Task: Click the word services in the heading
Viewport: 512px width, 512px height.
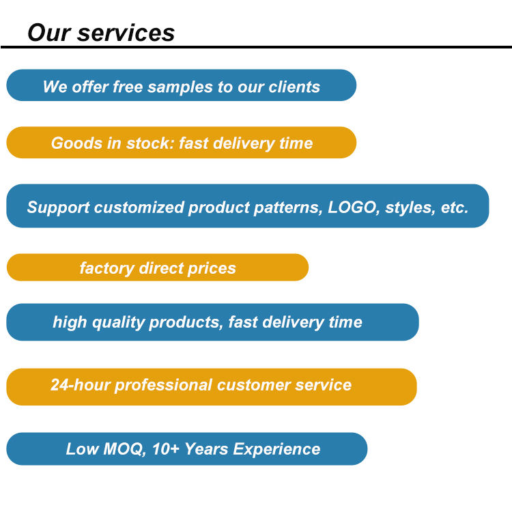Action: click(x=126, y=33)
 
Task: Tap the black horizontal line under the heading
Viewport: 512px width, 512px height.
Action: click(x=256, y=47)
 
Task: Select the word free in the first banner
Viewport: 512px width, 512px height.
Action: click(x=128, y=87)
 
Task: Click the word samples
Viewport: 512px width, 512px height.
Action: click(x=180, y=87)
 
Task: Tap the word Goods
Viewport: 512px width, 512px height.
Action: click(x=76, y=143)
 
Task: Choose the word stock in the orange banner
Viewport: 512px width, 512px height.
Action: click(x=150, y=143)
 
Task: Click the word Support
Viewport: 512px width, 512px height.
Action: click(x=58, y=208)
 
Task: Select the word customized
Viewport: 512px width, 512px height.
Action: click(x=139, y=208)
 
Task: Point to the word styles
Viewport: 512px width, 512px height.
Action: click(x=410, y=208)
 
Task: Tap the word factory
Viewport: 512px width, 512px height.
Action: click(x=107, y=268)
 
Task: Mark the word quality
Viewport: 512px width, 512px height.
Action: click(x=118, y=323)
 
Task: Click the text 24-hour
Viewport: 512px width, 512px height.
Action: click(x=81, y=384)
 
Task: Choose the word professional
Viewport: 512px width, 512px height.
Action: click(x=164, y=385)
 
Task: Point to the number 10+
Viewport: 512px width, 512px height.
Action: click(x=166, y=449)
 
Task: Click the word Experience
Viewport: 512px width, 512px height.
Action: click(x=276, y=450)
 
